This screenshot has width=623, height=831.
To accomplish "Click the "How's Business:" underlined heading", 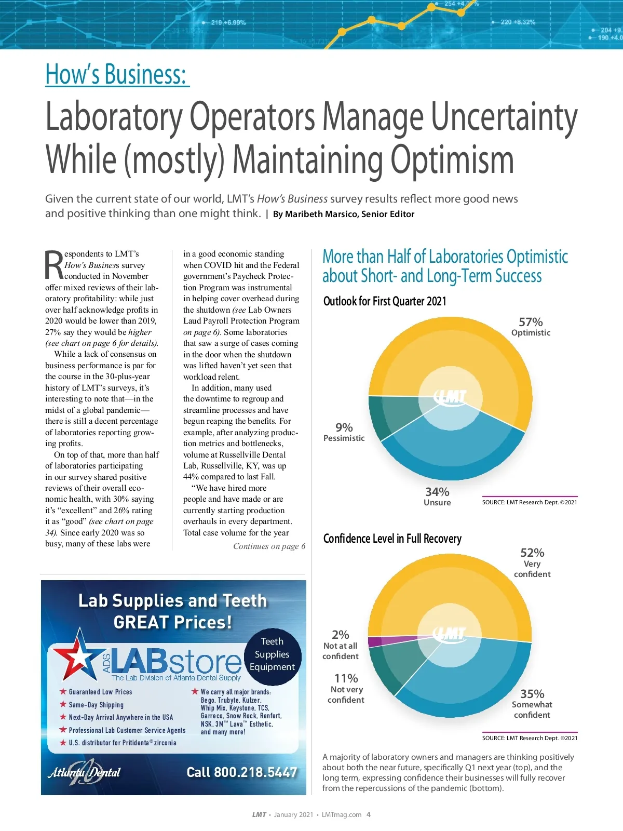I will click(x=117, y=74).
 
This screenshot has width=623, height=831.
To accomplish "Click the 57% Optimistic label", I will click(x=531, y=327).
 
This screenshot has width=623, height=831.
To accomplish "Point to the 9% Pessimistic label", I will click(x=344, y=432).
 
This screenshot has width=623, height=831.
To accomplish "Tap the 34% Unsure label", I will click(x=437, y=496).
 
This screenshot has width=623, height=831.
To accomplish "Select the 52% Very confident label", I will click(x=532, y=562).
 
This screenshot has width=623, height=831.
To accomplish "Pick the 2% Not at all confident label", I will click(x=341, y=645).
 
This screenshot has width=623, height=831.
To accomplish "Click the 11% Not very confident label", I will click(x=346, y=688).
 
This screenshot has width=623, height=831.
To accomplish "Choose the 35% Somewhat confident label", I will click(x=532, y=704).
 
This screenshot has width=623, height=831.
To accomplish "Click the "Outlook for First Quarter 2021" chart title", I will click(x=385, y=301).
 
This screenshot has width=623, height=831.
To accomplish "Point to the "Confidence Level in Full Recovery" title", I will click(x=392, y=539).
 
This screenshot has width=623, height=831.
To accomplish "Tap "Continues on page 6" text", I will click(x=269, y=546).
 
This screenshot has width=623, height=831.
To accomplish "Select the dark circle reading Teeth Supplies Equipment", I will click(x=272, y=654).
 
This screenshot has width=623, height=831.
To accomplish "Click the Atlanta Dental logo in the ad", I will click(x=84, y=772).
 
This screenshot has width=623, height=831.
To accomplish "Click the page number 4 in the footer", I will click(x=369, y=814).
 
